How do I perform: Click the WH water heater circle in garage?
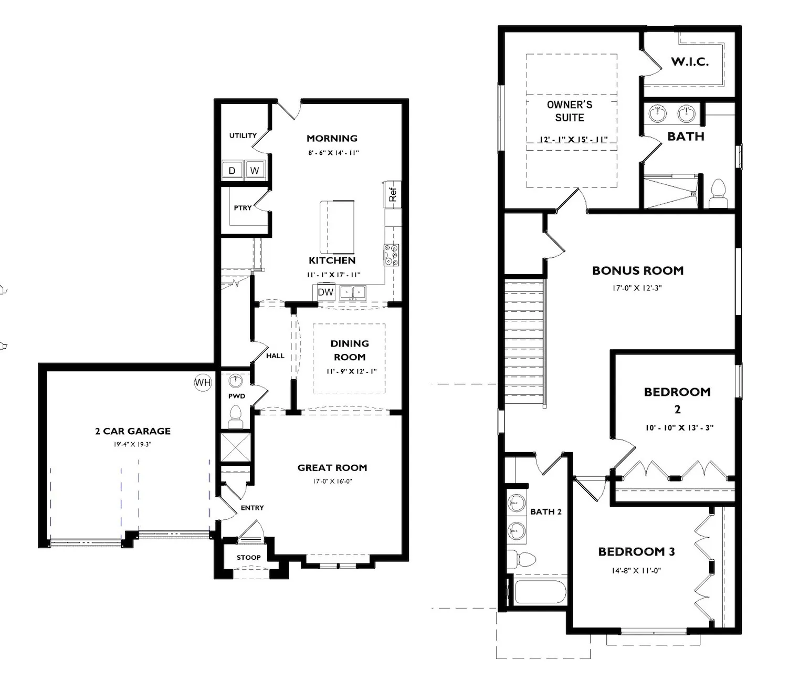tap(203, 382)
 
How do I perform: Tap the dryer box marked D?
tap(232, 170)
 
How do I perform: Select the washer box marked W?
tap(254, 170)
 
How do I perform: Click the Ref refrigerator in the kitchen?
tap(393, 195)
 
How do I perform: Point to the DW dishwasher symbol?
tap(325, 292)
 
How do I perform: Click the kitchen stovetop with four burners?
tap(391, 255)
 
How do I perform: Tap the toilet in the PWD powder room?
tap(235, 417)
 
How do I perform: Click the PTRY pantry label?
tap(243, 208)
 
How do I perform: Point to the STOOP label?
tap(248, 558)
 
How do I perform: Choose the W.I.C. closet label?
tap(690, 62)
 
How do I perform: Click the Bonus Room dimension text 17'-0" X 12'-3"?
tap(637, 288)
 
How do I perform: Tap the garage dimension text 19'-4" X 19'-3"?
tap(132, 444)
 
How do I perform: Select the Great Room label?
tap(332, 468)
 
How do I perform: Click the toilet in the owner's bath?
tap(718, 193)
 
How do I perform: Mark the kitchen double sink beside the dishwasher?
tap(353, 293)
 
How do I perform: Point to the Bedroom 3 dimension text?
tap(636, 571)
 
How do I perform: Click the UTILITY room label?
tap(243, 135)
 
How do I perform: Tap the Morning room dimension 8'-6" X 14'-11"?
tap(334, 153)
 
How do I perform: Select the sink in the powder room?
tap(236, 381)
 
